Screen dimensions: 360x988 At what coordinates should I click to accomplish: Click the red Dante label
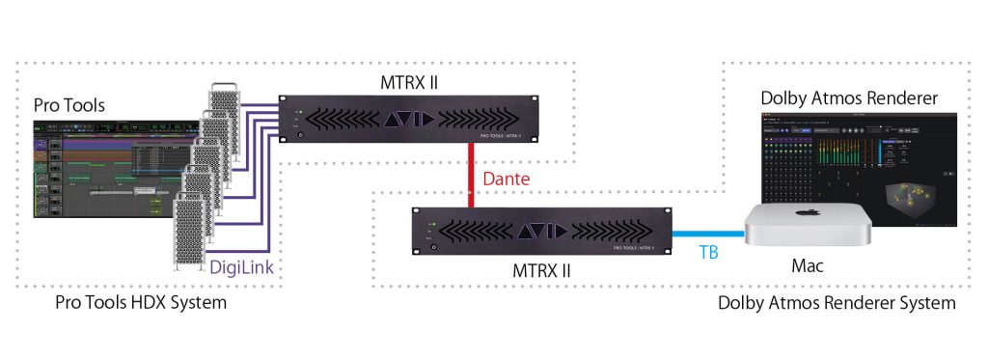506,180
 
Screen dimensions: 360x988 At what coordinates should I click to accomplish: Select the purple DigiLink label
247,269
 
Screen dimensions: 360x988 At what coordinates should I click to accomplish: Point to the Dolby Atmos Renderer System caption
837,303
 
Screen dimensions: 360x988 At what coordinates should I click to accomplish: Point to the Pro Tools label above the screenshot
69,104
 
